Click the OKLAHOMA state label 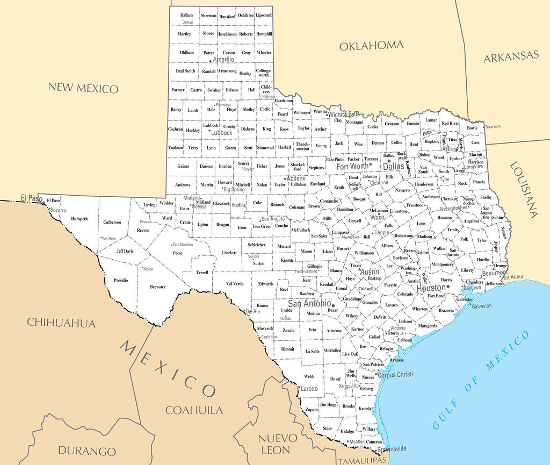coord(371,46)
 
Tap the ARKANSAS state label coord(511,56)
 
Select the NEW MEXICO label coord(83,88)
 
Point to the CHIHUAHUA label coord(61,323)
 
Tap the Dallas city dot coord(389,160)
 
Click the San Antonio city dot coord(333,304)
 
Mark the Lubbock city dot coord(209,130)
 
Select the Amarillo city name coord(223,60)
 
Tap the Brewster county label coord(158,287)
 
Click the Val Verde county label coord(235,284)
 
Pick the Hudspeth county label coord(79,219)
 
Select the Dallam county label coord(186,15)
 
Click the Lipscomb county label coord(264,15)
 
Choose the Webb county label coord(309,376)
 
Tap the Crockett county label coord(229,253)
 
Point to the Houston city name coord(431,288)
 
